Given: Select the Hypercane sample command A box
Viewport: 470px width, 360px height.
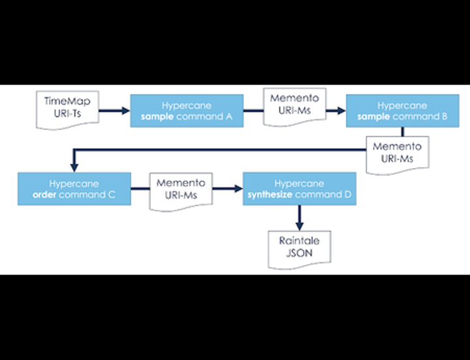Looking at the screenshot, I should [187, 110].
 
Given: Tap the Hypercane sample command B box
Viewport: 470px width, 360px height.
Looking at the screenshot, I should [402, 110].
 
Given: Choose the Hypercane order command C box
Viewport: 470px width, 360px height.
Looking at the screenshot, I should [74, 189].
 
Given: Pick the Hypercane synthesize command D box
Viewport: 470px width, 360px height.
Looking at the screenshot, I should [300, 189].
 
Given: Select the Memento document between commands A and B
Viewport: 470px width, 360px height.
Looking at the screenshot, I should [294, 106].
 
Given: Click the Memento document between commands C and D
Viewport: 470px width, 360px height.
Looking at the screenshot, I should [181, 189].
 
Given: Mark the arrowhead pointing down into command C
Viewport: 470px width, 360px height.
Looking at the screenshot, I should [74, 168].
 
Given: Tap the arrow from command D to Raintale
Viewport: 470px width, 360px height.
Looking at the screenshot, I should [300, 216].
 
